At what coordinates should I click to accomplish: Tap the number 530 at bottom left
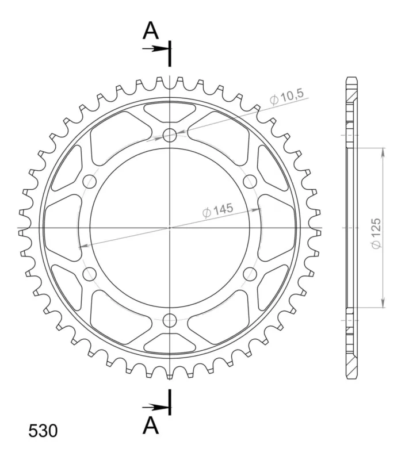[x=43, y=431]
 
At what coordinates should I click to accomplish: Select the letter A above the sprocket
[x=151, y=31]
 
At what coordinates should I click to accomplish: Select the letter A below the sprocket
[x=151, y=425]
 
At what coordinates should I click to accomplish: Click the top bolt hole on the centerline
[x=170, y=135]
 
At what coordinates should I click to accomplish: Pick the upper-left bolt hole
[x=90, y=181]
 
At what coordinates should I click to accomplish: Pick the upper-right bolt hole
[x=250, y=181]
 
